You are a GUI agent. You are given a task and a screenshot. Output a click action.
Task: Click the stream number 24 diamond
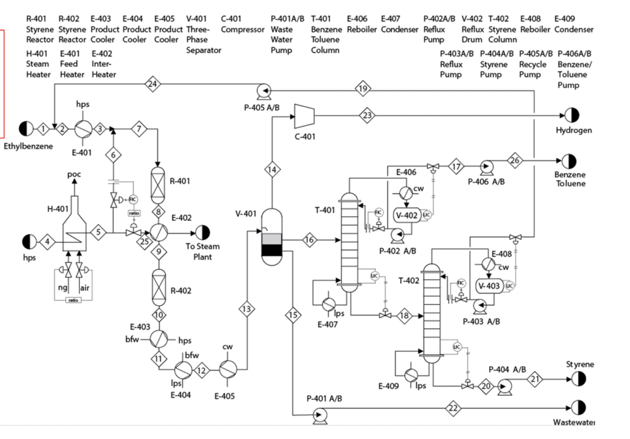click(152, 84)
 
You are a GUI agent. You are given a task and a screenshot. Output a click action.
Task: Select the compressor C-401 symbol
click(305, 116)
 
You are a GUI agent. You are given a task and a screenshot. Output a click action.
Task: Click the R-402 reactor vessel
click(159, 287)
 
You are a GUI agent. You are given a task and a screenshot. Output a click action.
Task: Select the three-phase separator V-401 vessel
click(272, 237)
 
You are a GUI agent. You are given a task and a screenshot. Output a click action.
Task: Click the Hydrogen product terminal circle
click(572, 116)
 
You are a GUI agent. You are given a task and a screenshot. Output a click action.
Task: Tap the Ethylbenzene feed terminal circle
click(26, 129)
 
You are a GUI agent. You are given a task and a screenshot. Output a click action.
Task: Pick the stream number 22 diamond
click(453, 408)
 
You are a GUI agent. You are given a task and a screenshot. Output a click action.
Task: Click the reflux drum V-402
click(407, 215)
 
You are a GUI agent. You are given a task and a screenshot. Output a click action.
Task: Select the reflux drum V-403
click(489, 286)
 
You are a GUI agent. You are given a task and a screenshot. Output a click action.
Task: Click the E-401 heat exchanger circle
click(83, 129)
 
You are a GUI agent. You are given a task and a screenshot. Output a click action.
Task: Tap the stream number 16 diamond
click(309, 240)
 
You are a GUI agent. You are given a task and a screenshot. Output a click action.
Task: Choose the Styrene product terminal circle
click(579, 379)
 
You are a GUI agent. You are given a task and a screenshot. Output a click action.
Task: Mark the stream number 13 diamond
click(247, 309)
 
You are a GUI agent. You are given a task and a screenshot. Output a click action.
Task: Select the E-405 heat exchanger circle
click(228, 370)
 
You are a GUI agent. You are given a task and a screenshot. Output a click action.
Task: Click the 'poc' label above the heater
click(74, 174)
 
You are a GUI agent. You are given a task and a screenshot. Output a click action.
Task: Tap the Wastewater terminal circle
click(579, 408)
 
